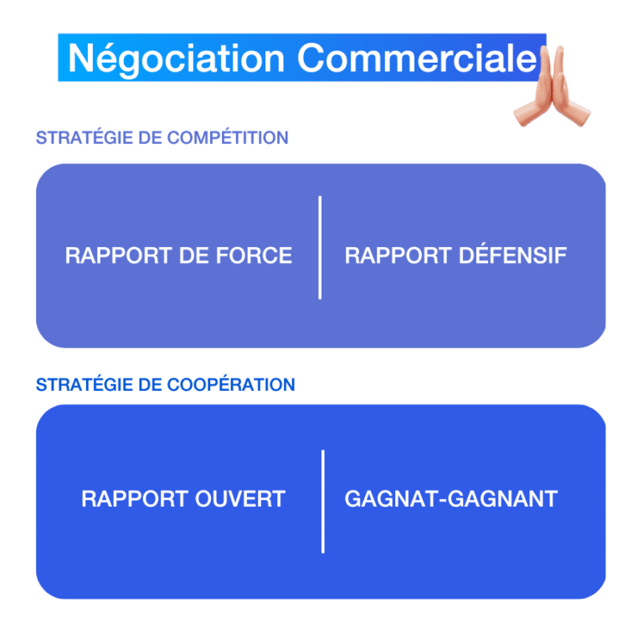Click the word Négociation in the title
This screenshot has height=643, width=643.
tap(177, 59)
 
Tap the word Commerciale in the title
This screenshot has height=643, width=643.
tap(416, 59)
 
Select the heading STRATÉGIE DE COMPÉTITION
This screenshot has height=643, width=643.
tap(162, 138)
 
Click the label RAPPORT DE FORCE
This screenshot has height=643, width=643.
tap(178, 255)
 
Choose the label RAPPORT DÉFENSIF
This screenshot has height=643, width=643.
tap(455, 255)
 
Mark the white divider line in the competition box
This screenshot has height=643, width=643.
tap(320, 247)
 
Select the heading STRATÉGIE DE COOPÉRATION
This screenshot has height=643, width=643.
tap(165, 385)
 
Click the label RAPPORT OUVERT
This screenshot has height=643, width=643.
tap(183, 500)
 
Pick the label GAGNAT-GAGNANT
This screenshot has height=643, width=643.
tap(450, 500)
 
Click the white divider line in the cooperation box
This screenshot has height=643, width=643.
tap(322, 501)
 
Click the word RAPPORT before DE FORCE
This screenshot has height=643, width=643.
tap(108, 255)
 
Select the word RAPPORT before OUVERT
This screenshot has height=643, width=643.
tap(124, 500)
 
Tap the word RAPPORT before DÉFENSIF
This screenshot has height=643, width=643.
tap(388, 255)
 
